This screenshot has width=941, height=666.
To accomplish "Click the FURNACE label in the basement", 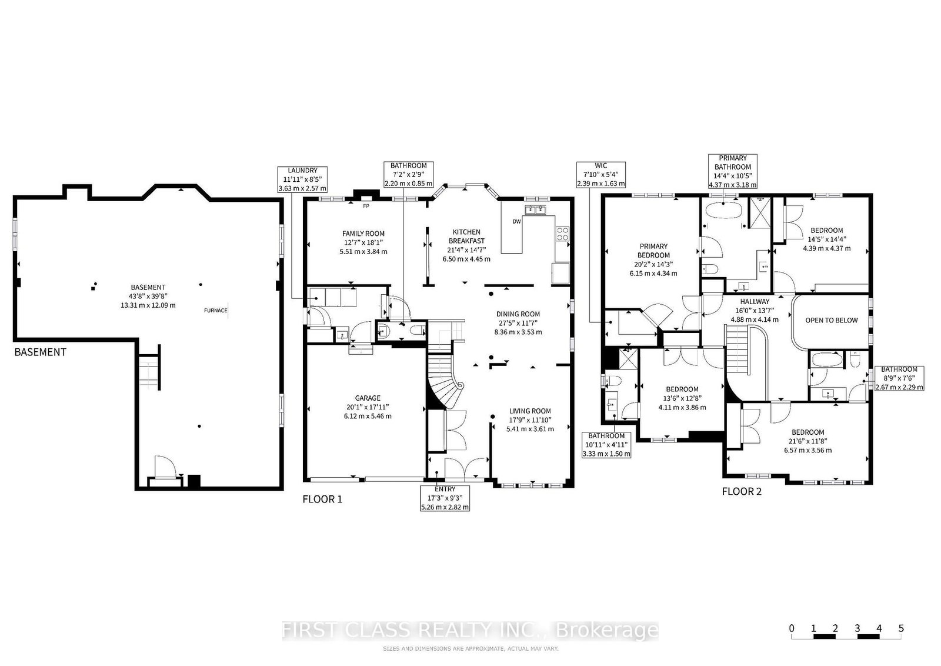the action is click(x=215, y=311).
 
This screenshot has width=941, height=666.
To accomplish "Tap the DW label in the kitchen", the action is click(x=517, y=221).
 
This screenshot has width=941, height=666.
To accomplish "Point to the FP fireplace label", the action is click(x=366, y=207).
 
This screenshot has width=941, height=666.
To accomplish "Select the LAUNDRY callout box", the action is click(x=302, y=179).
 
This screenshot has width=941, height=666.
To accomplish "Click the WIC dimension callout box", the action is click(x=601, y=174).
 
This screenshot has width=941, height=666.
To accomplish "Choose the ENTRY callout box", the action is click(x=445, y=498).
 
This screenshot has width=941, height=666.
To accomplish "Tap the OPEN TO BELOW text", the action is click(x=832, y=320).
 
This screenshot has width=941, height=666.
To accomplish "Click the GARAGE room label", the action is click(x=368, y=398).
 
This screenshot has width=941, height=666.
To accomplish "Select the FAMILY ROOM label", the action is click(x=363, y=234).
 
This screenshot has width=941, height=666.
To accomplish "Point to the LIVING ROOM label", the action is click(x=530, y=411).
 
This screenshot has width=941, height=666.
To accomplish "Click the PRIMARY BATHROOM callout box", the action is click(x=733, y=171).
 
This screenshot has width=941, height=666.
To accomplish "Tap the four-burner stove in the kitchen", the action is click(x=562, y=234).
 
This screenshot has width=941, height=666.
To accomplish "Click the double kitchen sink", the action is click(x=535, y=209).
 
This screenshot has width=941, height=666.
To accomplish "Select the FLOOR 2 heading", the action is click(x=742, y=491).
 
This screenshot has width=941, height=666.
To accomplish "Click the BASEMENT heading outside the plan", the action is click(x=41, y=352).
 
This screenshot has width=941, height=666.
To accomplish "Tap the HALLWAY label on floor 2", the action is click(x=755, y=301).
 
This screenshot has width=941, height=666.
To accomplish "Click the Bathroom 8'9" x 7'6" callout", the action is click(x=899, y=378).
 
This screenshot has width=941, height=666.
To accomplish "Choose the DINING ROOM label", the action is click(x=518, y=314).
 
